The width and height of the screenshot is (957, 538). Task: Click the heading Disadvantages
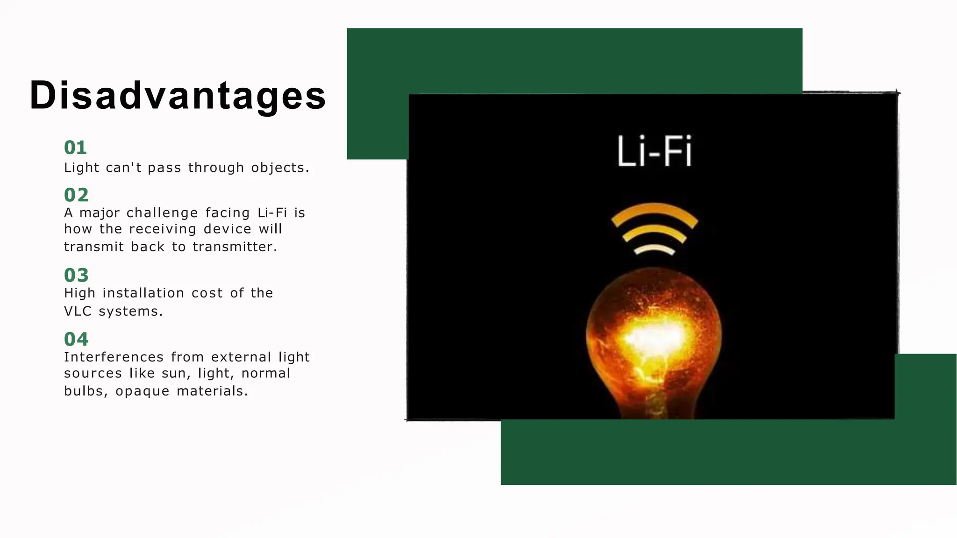point(178,95)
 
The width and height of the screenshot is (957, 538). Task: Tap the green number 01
point(75,148)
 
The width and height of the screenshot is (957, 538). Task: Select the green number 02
point(76,195)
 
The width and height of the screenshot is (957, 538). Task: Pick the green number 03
point(76,275)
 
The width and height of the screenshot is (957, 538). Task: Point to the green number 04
point(76,339)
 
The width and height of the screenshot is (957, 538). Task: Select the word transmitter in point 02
point(235,247)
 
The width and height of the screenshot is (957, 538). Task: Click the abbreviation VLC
point(78,311)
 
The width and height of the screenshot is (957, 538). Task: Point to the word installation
point(143,293)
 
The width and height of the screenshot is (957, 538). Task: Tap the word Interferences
point(114,357)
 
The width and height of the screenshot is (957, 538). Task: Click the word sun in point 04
point(174,374)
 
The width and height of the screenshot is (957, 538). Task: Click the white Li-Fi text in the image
point(654,151)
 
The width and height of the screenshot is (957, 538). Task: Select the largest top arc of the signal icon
point(654,208)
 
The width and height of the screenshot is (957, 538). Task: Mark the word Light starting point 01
point(81,168)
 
